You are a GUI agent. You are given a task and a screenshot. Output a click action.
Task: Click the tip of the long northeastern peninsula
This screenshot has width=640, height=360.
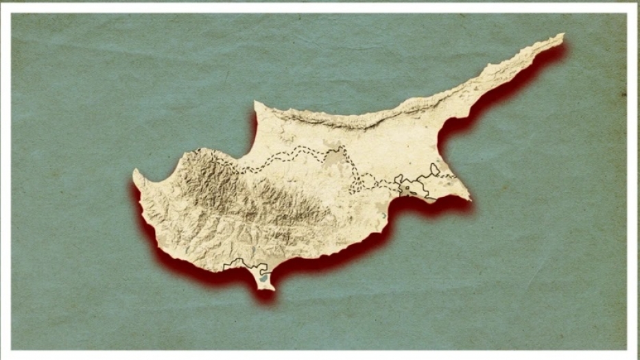(562, 35)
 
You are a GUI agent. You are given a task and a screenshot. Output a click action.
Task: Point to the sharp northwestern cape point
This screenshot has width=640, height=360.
(256, 103)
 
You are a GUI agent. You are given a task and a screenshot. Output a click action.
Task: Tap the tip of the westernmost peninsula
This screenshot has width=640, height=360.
(135, 172)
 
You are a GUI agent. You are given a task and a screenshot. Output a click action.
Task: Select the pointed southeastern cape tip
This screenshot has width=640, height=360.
(469, 200)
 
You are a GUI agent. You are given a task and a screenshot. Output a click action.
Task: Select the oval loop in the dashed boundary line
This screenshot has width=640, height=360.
(366, 181)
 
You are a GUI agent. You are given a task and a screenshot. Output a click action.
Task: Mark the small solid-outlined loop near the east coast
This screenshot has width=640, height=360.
(434, 169)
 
